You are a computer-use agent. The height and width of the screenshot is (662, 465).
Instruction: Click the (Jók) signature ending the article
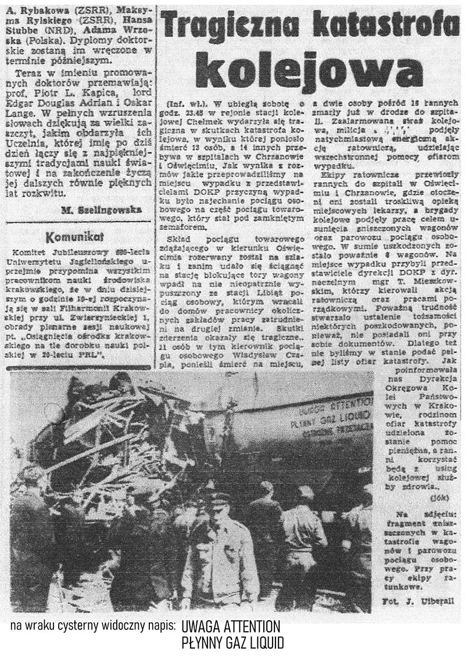coord(441,499)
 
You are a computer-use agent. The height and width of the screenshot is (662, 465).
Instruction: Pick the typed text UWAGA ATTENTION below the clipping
coord(231,627)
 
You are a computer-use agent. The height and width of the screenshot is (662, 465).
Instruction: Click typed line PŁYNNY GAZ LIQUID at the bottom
coord(233,643)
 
